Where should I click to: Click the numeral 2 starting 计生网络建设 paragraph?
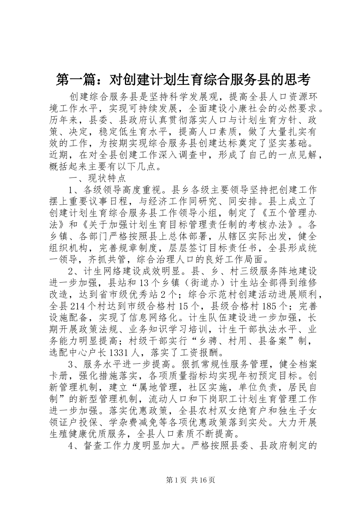click(x=71, y=272)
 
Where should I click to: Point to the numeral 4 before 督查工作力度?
click(x=71, y=445)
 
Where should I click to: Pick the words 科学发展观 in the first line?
click(x=199, y=97)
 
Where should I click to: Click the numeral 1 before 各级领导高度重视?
click(x=71, y=190)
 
